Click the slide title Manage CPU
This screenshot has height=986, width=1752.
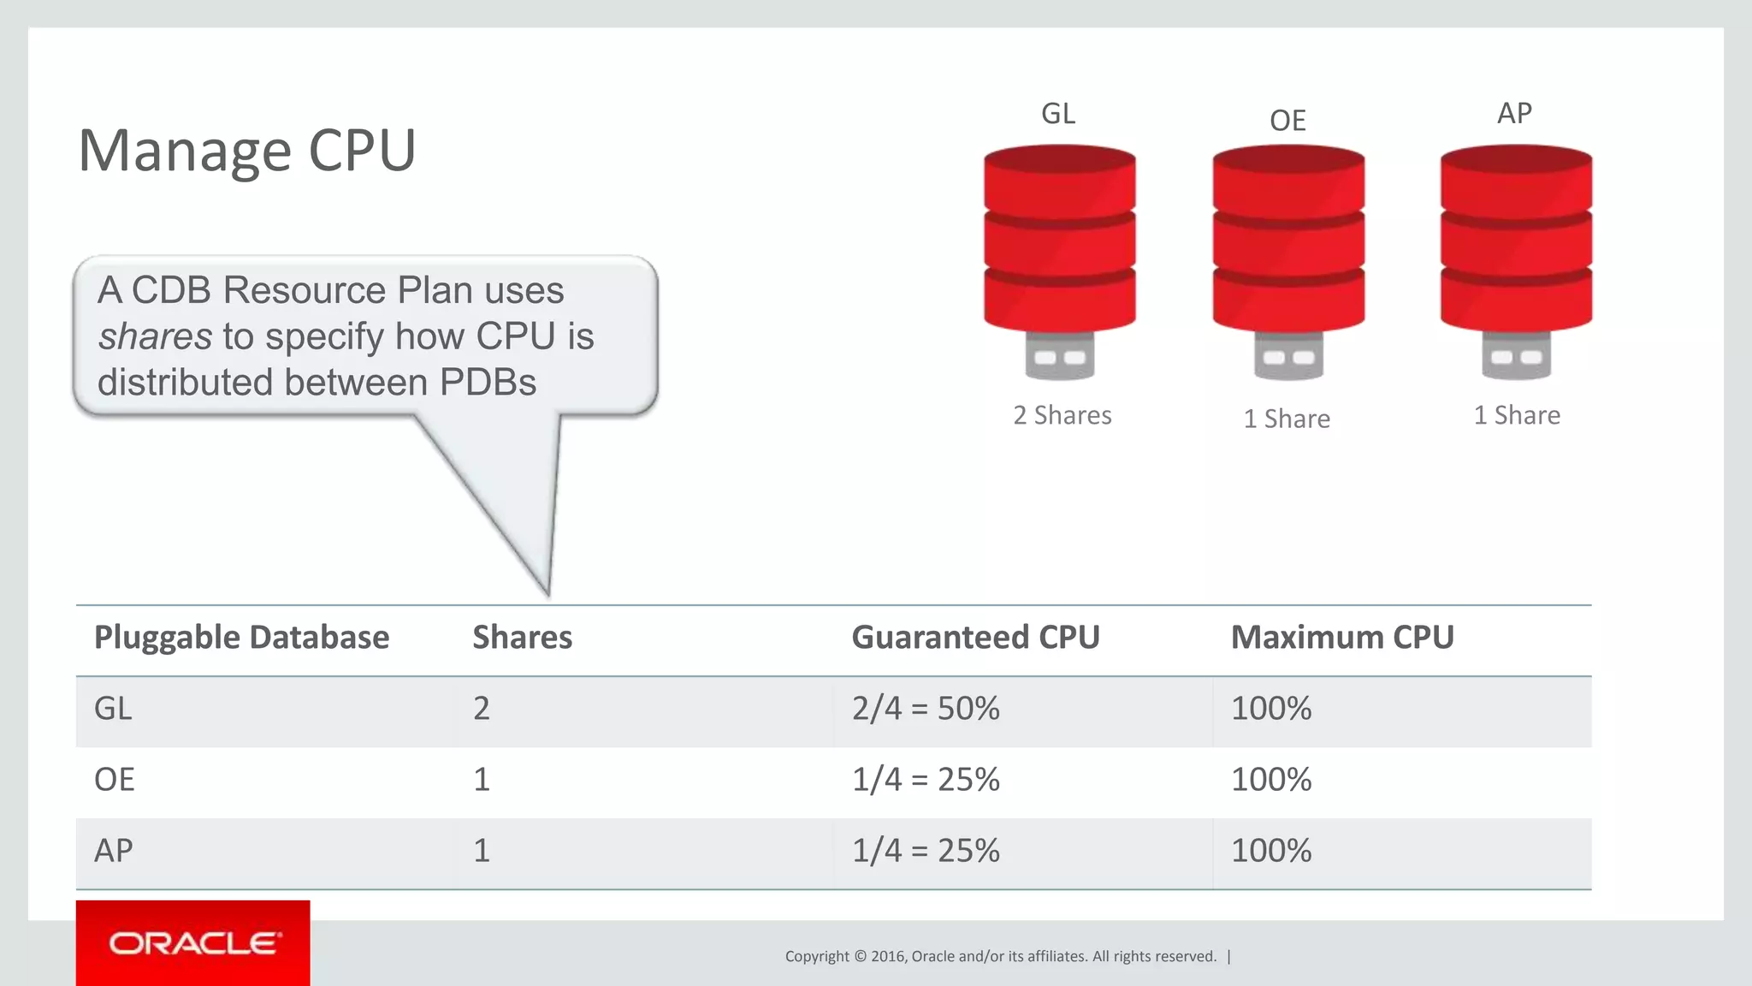pos(246,151)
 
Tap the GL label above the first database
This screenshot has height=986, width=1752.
pos(1058,114)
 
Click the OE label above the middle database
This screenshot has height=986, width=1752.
pos(1287,121)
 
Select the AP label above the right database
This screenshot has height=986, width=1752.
pos(1514,113)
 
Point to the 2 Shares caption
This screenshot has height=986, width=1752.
pos(1062,415)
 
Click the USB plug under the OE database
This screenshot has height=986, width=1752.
pos(1288,356)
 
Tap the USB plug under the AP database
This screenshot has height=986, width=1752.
pos(1516,356)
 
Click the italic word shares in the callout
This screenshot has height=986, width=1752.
pos(155,336)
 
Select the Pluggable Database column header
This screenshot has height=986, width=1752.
pos(241,638)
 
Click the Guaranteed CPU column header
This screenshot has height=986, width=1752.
pos(975,638)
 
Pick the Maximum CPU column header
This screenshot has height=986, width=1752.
pos(1341,638)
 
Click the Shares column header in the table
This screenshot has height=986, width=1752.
pos(522,638)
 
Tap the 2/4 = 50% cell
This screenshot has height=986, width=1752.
pos(926,709)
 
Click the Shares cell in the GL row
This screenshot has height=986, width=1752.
pos(482,709)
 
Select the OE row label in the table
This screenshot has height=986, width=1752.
pos(115,780)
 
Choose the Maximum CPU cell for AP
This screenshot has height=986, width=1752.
pos(1270,851)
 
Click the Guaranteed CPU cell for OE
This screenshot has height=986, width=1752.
pos(926,780)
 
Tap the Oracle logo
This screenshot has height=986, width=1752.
pos(193,943)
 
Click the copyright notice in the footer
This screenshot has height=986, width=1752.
pos(1000,956)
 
